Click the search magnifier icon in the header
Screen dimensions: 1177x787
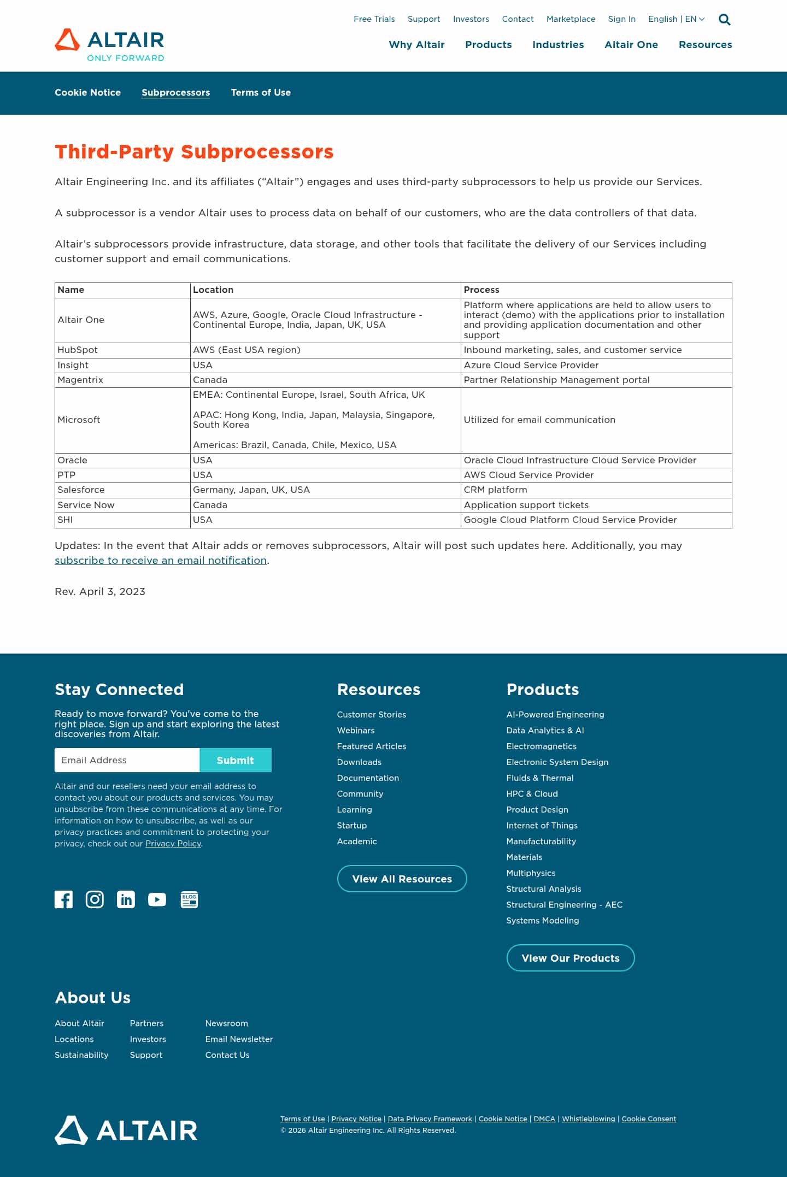click(724, 20)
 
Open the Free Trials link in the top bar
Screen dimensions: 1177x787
click(374, 19)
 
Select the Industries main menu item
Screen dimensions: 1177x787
click(557, 45)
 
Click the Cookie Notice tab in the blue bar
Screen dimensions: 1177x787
click(87, 92)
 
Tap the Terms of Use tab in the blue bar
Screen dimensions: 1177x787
click(260, 92)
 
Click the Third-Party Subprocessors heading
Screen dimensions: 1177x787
click(194, 152)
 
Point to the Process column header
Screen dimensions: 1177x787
click(481, 290)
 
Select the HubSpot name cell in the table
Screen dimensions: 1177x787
click(73, 350)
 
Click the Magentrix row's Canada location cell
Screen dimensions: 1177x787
click(210, 380)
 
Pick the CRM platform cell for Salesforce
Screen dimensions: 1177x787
click(495, 490)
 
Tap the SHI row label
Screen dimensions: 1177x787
click(65, 520)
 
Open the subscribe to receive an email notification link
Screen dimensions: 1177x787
click(161, 561)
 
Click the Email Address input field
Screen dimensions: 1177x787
click(127, 760)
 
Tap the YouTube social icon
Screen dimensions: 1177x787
click(157, 899)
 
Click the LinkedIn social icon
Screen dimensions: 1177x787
click(126, 899)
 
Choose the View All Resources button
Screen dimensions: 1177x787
click(402, 879)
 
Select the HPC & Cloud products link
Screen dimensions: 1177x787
click(532, 794)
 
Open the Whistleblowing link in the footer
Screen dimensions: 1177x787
click(588, 1119)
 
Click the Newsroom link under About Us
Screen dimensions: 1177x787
click(226, 1023)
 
